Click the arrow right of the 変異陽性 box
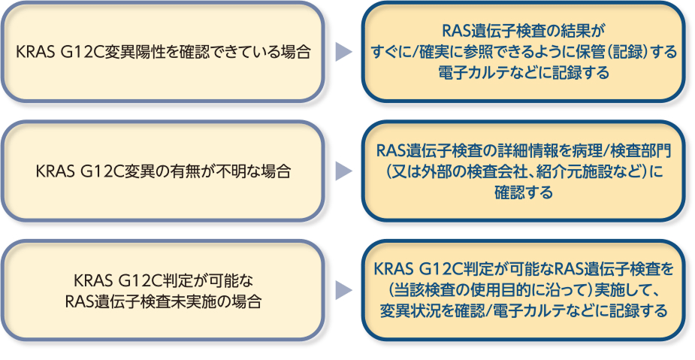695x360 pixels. pyautogui.click(x=343, y=52)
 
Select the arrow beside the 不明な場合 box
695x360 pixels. pyautogui.click(x=343, y=171)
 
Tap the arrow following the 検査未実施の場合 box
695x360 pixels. pyautogui.click(x=343, y=290)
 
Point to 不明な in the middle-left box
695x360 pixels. pyautogui.click(x=222, y=171)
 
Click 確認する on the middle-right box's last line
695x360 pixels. pyautogui.click(x=523, y=193)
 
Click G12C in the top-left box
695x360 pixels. pyautogui.click(x=86, y=53)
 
